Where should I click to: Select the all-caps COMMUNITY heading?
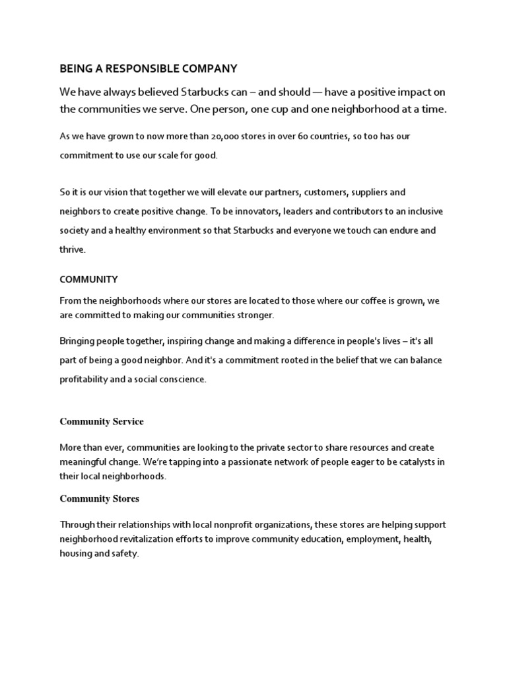(x=89, y=279)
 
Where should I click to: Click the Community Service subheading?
(x=102, y=421)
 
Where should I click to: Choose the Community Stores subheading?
(x=100, y=498)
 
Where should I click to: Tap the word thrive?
(x=73, y=250)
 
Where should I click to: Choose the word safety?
(x=125, y=554)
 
